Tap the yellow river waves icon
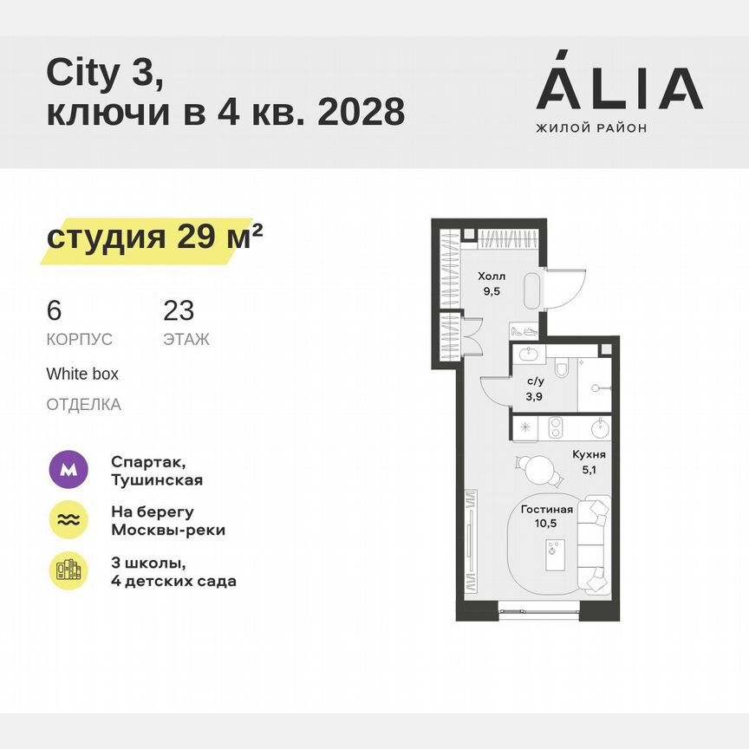[68, 520]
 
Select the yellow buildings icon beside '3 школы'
[68, 570]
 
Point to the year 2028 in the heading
[361, 113]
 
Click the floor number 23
[179, 310]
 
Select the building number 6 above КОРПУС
[54, 310]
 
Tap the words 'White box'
[82, 374]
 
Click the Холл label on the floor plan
[491, 277]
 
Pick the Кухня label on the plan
[589, 454]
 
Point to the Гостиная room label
[548, 510]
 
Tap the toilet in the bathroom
[562, 370]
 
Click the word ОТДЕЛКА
[84, 405]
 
